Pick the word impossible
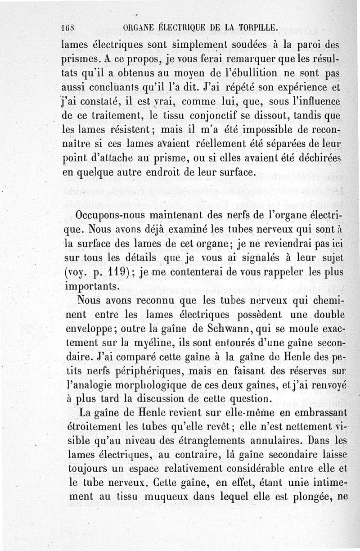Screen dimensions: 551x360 point(269,130)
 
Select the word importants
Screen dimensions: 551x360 point(91,286)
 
